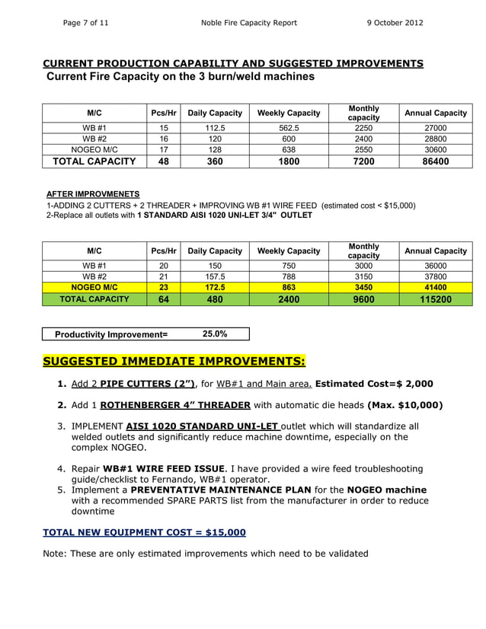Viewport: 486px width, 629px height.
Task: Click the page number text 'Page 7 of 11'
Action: point(85,23)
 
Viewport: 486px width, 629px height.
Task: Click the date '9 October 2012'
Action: point(395,23)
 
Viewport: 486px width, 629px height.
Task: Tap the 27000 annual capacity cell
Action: point(435,128)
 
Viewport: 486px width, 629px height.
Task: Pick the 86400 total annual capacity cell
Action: point(435,161)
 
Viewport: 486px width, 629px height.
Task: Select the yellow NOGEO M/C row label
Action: point(93,287)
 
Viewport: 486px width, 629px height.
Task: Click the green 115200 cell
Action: point(435,299)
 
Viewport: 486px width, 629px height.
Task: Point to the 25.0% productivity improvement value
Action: point(214,334)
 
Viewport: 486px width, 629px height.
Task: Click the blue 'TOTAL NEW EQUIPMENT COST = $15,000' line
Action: point(144,532)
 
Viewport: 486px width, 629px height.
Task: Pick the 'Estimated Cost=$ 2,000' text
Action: point(374,384)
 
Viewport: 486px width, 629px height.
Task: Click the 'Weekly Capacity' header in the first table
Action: point(288,113)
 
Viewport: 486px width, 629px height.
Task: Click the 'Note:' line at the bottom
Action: point(206,553)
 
